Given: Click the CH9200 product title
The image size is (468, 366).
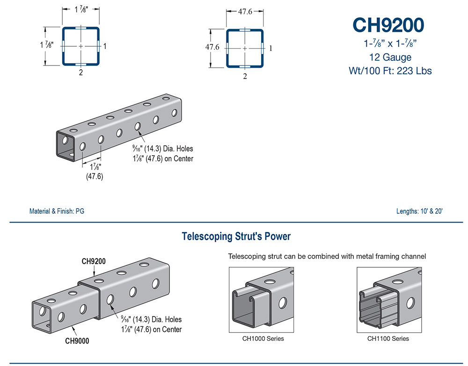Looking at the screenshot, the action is [388, 25].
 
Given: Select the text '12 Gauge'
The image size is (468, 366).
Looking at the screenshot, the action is [390, 57].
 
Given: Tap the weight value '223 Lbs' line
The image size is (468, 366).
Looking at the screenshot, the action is [390, 71].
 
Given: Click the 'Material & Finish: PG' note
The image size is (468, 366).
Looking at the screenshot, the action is [57, 211].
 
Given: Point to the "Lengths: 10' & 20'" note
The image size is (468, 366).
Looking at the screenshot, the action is [419, 211].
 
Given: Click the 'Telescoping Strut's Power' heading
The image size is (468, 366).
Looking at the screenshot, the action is [236, 237].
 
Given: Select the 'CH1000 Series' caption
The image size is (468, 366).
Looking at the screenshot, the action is [263, 338].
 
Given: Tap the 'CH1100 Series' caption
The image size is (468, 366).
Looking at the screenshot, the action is [388, 338].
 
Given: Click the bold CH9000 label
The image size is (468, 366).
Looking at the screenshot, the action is [77, 341].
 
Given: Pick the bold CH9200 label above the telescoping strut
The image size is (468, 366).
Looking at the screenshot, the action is [94, 261].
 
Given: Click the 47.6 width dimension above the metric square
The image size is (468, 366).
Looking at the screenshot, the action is [245, 11].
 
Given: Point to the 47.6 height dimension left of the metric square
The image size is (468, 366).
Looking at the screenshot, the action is [212, 47].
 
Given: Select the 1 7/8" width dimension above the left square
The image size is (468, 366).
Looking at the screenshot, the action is [80, 9].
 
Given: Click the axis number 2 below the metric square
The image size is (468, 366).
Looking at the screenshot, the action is [245, 76].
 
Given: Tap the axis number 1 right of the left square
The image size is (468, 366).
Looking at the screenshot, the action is [105, 46].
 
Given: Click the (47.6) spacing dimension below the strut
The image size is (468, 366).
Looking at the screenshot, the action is [95, 176].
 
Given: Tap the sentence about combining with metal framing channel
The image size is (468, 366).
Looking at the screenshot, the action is [327, 256].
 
